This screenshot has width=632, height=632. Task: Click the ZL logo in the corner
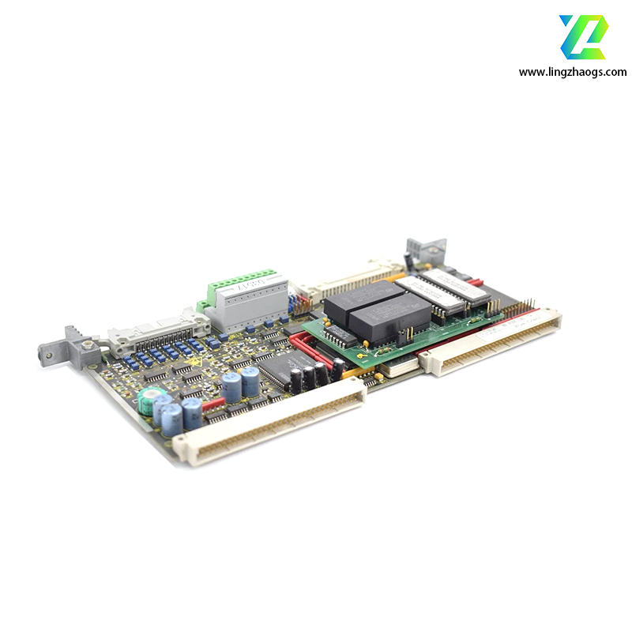584,36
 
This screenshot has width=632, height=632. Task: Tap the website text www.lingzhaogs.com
572,72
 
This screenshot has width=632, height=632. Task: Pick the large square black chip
281,366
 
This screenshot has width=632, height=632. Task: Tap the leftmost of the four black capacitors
295,381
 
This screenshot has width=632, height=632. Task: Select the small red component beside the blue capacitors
211,404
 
